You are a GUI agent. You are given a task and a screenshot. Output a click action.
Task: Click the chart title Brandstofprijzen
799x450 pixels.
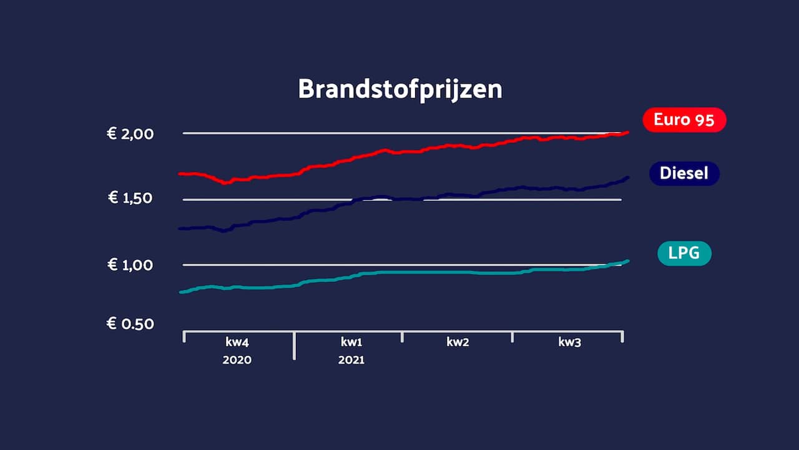[x=400, y=89]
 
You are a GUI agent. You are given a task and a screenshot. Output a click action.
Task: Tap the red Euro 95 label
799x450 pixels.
[x=684, y=119]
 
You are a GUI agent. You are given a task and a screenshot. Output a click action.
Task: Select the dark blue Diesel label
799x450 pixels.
[x=684, y=173]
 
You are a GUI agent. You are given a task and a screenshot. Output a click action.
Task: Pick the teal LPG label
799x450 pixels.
[x=684, y=253]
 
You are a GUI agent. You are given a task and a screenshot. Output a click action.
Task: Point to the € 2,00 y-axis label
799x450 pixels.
[x=130, y=133]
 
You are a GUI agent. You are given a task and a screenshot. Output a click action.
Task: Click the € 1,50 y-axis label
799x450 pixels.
[x=130, y=198]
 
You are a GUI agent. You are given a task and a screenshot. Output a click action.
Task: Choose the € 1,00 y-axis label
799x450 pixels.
[x=130, y=265]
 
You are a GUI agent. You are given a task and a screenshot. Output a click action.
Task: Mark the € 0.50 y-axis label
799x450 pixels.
[x=130, y=324]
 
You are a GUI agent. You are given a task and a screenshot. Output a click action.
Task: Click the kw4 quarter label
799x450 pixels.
[x=237, y=342]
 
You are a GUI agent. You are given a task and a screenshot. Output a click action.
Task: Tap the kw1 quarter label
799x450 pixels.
[x=351, y=342]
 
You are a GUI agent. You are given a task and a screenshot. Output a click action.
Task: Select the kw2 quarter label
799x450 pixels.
[x=458, y=342]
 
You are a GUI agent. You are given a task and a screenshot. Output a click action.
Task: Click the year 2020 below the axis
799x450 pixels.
[x=237, y=361]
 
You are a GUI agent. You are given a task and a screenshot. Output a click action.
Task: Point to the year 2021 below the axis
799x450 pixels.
[x=351, y=361]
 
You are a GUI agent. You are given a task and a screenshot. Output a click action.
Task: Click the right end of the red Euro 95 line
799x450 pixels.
[x=627, y=132]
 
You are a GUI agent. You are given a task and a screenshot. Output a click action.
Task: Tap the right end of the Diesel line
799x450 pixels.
[x=627, y=177]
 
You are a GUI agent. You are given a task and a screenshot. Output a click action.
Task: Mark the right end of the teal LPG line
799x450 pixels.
[x=627, y=261]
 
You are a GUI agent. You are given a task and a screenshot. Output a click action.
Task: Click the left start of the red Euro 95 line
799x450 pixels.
[x=180, y=173]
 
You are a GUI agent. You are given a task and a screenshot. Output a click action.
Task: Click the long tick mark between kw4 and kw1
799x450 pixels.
[x=295, y=346]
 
